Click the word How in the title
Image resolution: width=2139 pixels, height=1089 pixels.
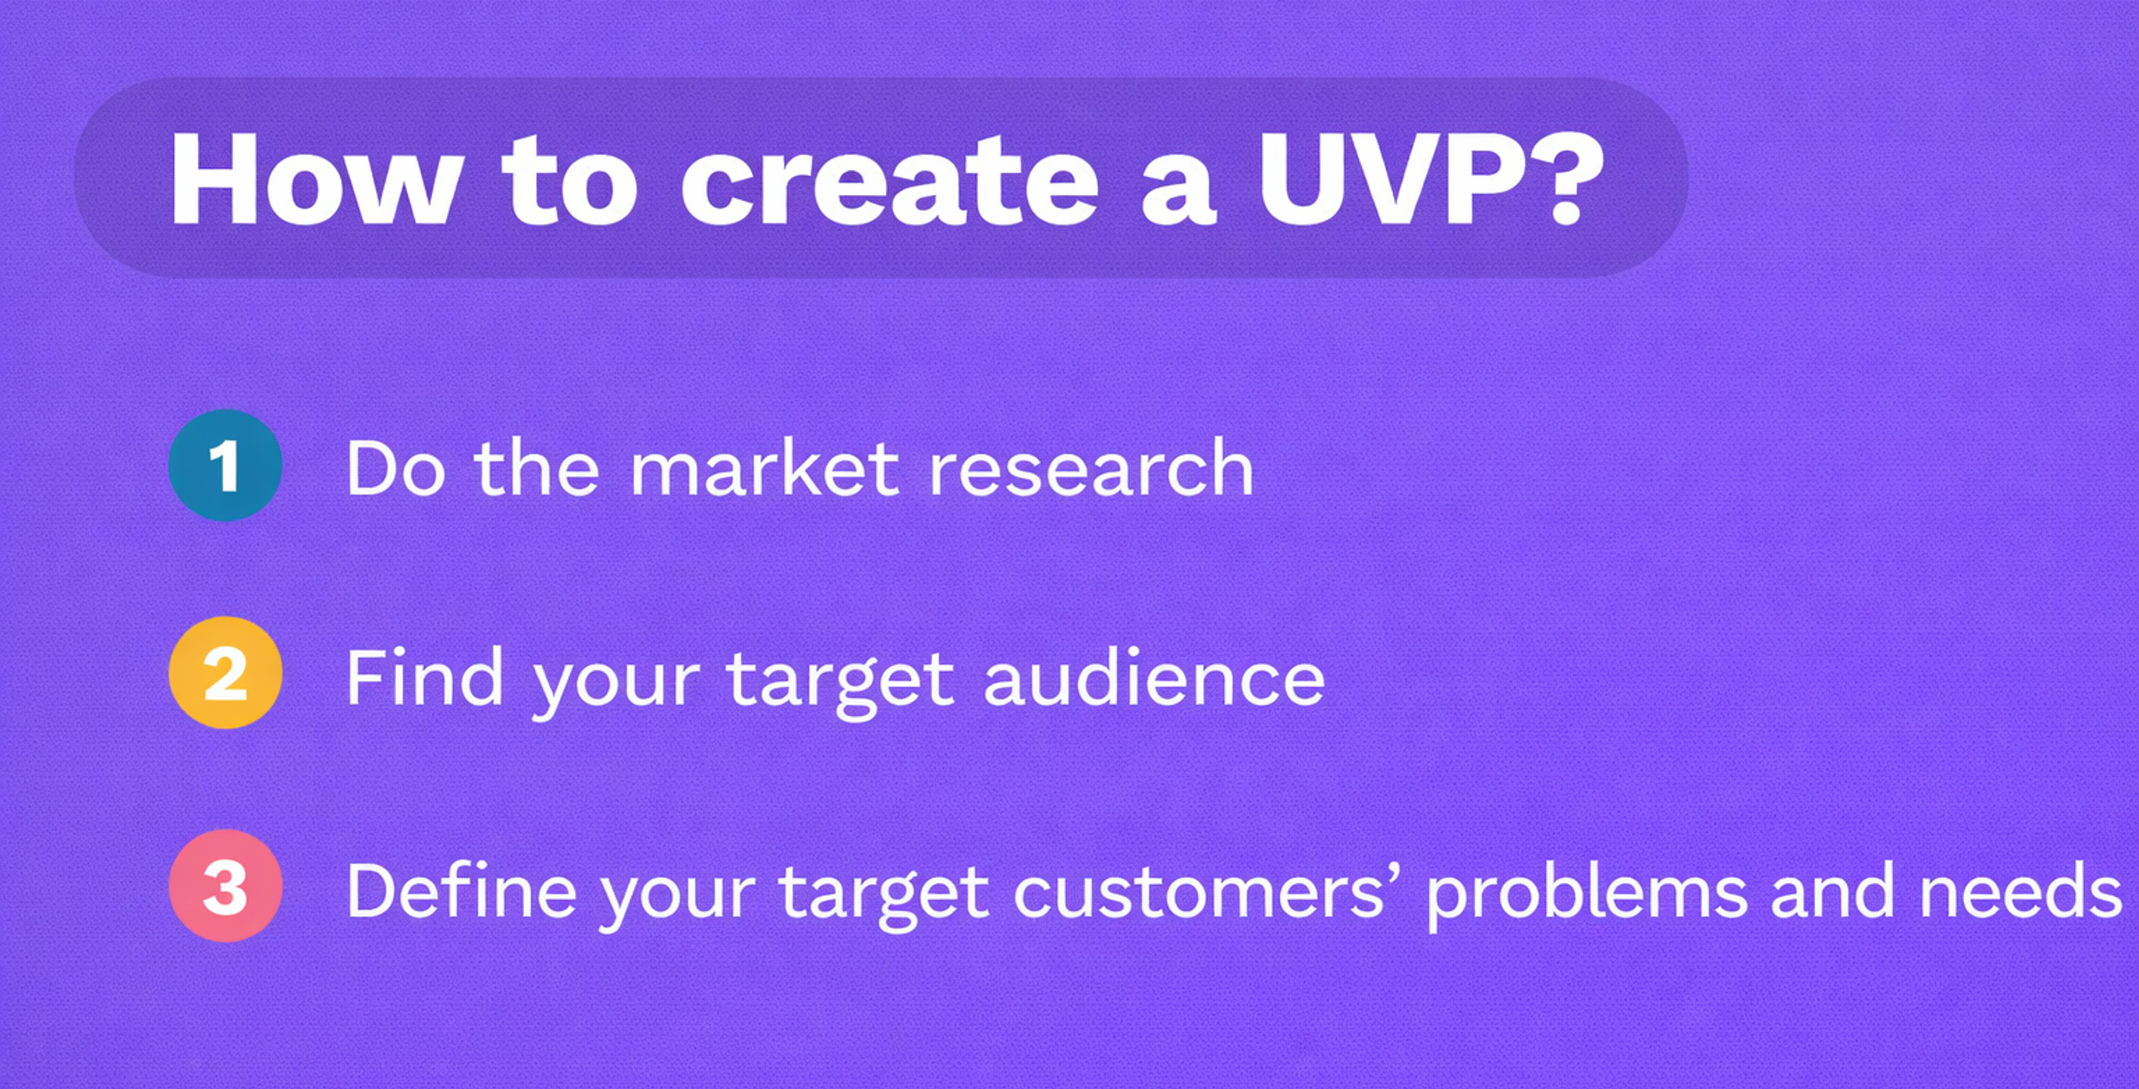[x=314, y=179]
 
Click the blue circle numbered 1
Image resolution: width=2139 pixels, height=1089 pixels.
[x=225, y=465]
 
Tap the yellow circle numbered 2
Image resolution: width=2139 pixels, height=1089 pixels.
[x=225, y=673]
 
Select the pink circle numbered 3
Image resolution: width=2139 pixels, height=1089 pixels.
[x=225, y=886]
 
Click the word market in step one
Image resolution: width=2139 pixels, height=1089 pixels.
[x=764, y=470]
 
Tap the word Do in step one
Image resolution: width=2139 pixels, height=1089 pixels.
[x=395, y=470]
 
